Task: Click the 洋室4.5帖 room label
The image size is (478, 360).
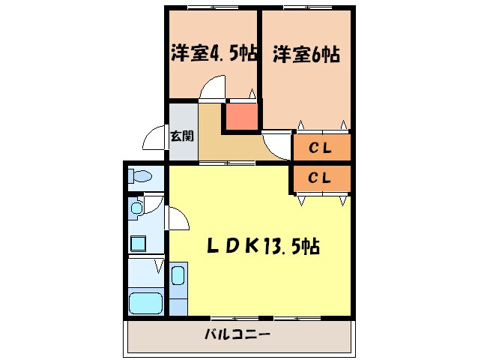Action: tap(214, 53)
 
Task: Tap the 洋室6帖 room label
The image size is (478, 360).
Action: tap(306, 53)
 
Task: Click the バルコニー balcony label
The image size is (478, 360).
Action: tap(238, 334)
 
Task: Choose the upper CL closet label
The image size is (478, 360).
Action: tap(321, 148)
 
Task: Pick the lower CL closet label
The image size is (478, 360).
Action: tap(321, 178)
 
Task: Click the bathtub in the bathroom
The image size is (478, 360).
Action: tap(145, 304)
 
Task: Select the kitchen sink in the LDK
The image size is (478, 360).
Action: tap(178, 275)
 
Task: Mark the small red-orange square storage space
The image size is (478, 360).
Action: tap(241, 117)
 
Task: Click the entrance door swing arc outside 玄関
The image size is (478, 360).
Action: tap(156, 139)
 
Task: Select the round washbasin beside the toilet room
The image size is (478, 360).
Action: tap(136, 207)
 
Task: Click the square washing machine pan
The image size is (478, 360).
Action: tap(139, 242)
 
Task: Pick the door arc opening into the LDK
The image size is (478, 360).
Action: tap(178, 220)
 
